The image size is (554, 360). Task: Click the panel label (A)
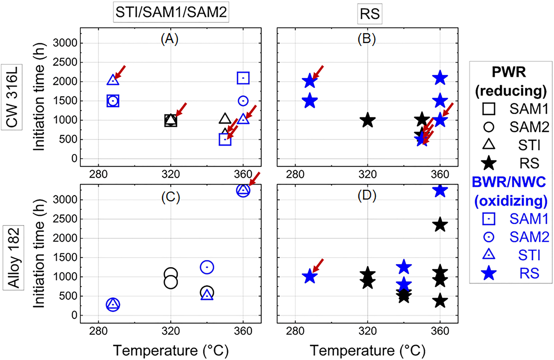click(170, 39)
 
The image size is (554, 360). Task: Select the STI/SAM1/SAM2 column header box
click(171, 12)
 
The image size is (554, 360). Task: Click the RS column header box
click(370, 14)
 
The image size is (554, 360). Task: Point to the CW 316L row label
click(12, 97)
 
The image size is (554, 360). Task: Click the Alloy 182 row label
click(14, 258)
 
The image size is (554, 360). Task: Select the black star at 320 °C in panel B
click(367, 120)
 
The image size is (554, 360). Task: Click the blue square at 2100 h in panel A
click(243, 78)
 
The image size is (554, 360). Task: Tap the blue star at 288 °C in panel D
click(310, 277)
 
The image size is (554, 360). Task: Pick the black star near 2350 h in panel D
click(440, 225)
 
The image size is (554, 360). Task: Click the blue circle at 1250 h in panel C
click(207, 267)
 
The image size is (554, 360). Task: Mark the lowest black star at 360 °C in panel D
click(440, 301)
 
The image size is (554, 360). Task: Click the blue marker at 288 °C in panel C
click(113, 305)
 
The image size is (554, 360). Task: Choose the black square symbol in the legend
click(489, 109)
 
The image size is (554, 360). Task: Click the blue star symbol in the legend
click(489, 273)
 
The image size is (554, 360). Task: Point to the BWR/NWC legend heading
click(509, 182)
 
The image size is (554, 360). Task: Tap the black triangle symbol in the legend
click(489, 145)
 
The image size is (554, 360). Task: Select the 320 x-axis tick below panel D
click(367, 331)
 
